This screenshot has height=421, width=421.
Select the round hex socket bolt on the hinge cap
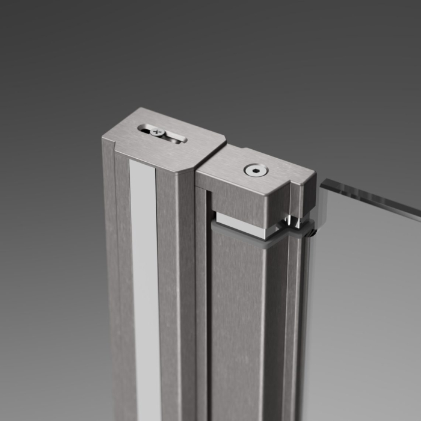click(255, 171)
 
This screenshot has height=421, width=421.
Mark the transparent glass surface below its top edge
click(367, 301)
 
